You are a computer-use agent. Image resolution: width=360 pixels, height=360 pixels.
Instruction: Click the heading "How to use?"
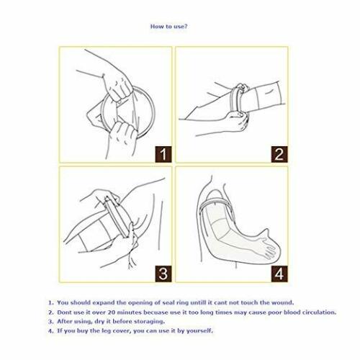tap(170, 27)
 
